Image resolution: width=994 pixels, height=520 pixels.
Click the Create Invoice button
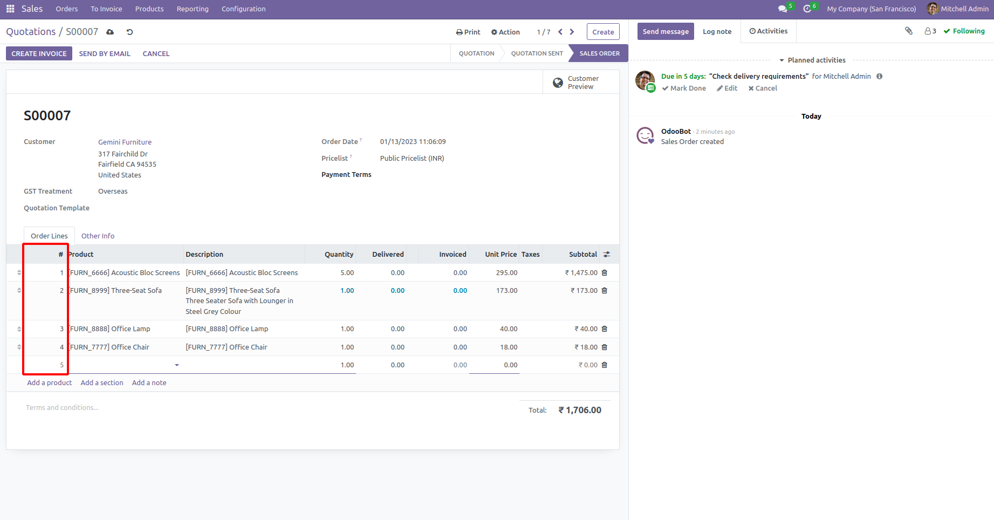(x=39, y=53)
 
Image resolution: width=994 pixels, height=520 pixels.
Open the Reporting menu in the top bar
(x=193, y=9)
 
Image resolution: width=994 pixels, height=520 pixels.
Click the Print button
(x=468, y=32)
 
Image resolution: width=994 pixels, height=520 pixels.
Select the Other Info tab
(x=98, y=236)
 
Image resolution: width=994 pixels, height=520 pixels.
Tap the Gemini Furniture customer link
(x=125, y=142)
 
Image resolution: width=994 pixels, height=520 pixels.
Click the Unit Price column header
(x=501, y=255)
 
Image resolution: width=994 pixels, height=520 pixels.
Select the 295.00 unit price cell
(x=506, y=273)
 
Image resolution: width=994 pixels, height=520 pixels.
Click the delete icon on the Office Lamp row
(x=605, y=329)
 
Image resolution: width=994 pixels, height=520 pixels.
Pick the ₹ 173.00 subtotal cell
(x=584, y=291)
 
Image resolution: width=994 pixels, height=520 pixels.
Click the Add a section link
(x=102, y=383)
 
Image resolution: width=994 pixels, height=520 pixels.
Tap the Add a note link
(x=149, y=383)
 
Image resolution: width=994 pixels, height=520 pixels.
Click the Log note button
(x=717, y=32)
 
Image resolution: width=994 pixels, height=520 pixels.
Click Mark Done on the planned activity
(x=684, y=88)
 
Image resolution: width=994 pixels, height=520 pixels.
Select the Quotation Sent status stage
(x=537, y=53)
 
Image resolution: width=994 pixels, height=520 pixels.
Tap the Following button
(x=964, y=31)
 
